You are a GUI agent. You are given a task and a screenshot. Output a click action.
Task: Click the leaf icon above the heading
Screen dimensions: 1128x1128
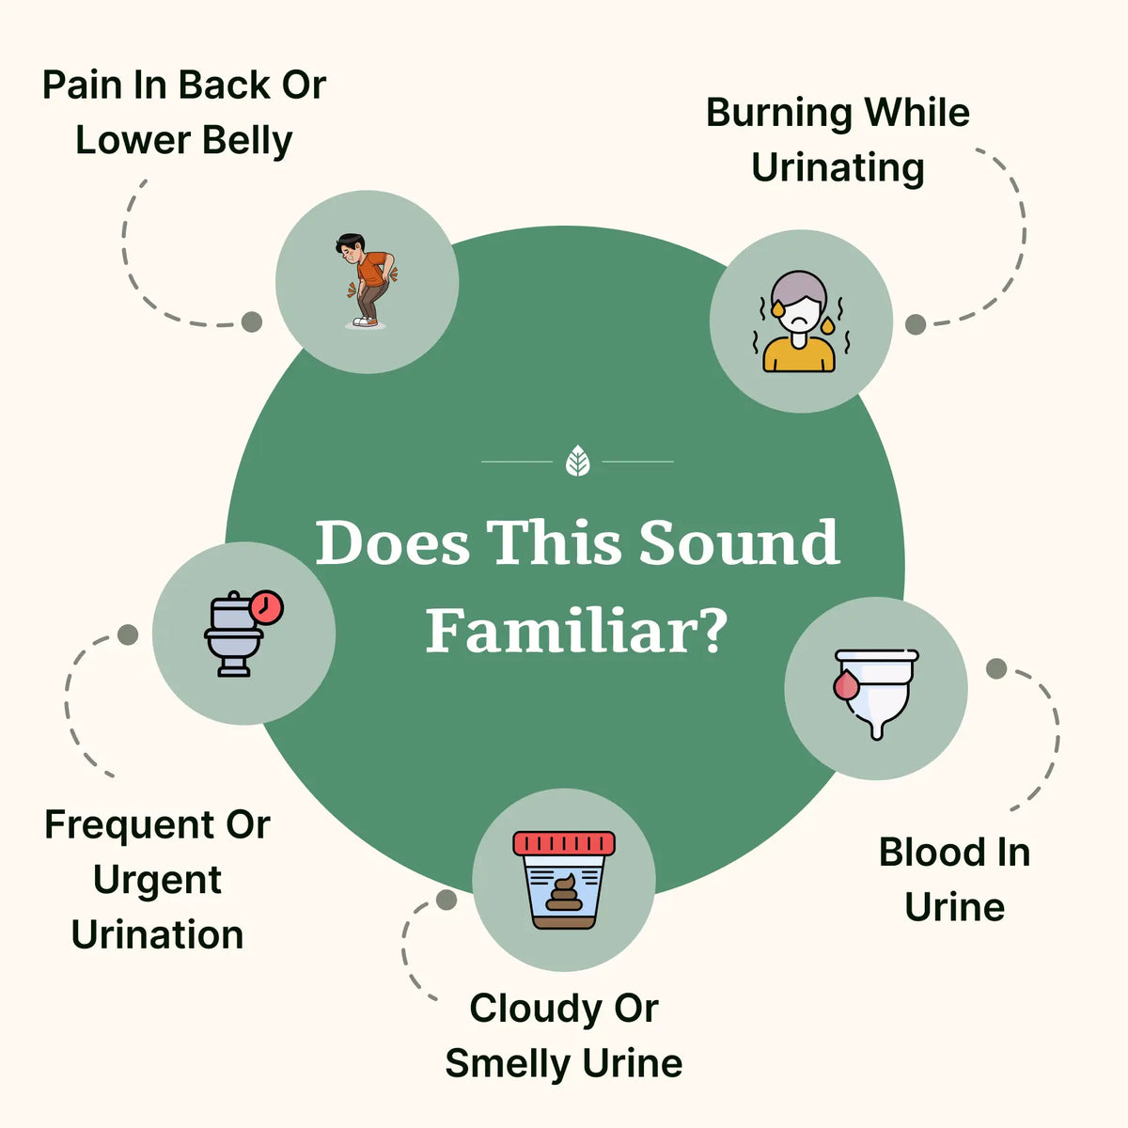tap(577, 462)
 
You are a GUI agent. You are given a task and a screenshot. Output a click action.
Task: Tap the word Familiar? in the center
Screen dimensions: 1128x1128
tap(576, 632)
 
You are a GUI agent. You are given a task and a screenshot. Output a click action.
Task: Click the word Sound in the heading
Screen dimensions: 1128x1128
tap(738, 543)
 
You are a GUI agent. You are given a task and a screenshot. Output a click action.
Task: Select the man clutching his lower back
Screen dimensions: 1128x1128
tap(365, 280)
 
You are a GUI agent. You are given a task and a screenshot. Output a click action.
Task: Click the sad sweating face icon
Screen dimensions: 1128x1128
tap(799, 321)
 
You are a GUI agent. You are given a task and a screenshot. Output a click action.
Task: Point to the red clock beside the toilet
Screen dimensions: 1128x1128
tap(267, 607)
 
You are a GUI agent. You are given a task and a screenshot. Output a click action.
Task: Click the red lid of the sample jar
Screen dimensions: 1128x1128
tap(564, 842)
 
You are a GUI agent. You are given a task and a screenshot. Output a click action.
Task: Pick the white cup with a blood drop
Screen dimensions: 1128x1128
tap(876, 691)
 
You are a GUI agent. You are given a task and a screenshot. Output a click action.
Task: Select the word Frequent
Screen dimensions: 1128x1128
tap(129, 825)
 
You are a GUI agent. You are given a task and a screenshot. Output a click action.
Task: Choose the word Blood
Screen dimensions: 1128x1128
tap(929, 853)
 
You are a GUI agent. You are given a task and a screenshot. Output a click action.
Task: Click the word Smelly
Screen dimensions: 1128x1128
tap(508, 1064)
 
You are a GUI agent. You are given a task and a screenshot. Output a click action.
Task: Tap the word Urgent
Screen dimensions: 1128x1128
tap(157, 881)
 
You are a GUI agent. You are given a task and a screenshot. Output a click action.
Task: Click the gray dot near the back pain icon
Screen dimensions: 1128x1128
tap(251, 321)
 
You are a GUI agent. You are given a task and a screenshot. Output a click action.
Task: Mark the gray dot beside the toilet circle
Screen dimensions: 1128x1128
tap(128, 634)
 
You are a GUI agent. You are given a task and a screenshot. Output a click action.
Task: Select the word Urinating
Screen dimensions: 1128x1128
tap(838, 168)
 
